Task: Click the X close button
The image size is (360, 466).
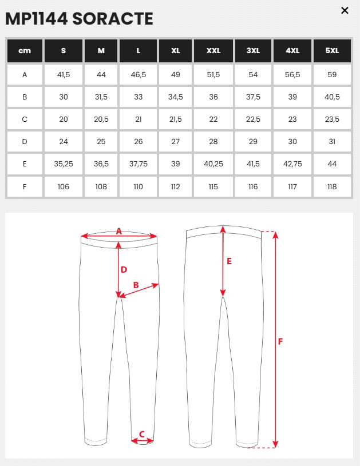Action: tap(345, 10)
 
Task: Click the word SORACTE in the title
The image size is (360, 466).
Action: tap(113, 19)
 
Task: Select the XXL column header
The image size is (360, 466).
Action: tap(213, 51)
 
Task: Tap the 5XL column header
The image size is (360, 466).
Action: tap(332, 51)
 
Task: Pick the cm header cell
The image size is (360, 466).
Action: tap(25, 51)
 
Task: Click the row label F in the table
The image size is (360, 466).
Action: tap(25, 186)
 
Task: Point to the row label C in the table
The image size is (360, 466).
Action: tap(25, 119)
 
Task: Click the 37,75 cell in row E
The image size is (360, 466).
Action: tap(139, 164)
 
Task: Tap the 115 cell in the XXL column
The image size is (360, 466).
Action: tap(213, 186)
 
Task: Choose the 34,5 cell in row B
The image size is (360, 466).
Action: tap(176, 97)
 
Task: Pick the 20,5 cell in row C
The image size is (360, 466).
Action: tap(101, 119)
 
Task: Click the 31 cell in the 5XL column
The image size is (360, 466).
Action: tap(332, 141)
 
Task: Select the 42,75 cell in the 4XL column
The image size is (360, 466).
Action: tap(292, 164)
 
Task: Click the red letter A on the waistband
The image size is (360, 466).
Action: tap(119, 231)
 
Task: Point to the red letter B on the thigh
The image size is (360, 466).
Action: tap(136, 285)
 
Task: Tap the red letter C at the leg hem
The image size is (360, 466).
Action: tap(142, 434)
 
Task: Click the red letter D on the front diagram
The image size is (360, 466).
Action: tap(124, 269)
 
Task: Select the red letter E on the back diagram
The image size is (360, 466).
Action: tap(229, 261)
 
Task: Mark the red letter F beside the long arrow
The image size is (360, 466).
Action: tap(280, 341)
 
